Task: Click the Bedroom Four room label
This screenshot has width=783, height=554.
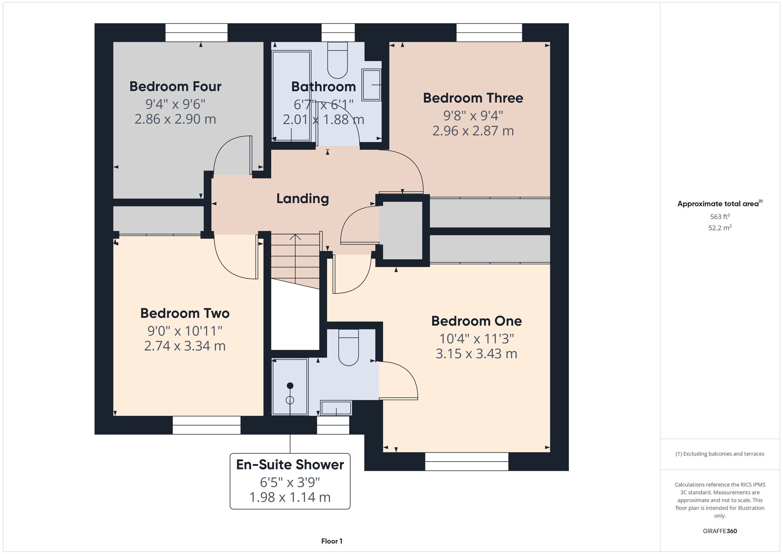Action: [x=175, y=86]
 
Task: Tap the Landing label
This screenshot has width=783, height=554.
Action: [x=303, y=199]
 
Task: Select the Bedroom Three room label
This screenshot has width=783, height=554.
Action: [x=473, y=98]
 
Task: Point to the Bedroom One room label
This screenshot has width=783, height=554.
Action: [x=476, y=321]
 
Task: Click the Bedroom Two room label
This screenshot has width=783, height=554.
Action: [x=185, y=313]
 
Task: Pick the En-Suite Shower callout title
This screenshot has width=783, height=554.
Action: [x=290, y=465]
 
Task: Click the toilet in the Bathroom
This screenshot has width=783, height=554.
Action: [x=337, y=60]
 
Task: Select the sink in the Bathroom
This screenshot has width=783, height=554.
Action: [x=371, y=85]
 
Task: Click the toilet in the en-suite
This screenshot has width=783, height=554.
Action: [x=348, y=347]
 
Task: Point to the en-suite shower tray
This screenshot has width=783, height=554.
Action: [x=290, y=387]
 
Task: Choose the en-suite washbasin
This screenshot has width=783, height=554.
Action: [x=336, y=408]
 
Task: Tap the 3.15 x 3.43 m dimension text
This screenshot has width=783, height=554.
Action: [x=476, y=354]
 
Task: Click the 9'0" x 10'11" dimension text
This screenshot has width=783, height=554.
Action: [x=185, y=331]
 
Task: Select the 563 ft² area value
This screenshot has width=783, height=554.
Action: [x=720, y=217]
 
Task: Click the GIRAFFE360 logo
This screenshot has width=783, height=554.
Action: [x=720, y=531]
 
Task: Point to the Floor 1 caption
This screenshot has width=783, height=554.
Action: [x=332, y=541]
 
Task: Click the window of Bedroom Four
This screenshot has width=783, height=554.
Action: [x=196, y=33]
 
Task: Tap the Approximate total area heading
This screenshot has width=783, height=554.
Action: [x=720, y=203]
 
